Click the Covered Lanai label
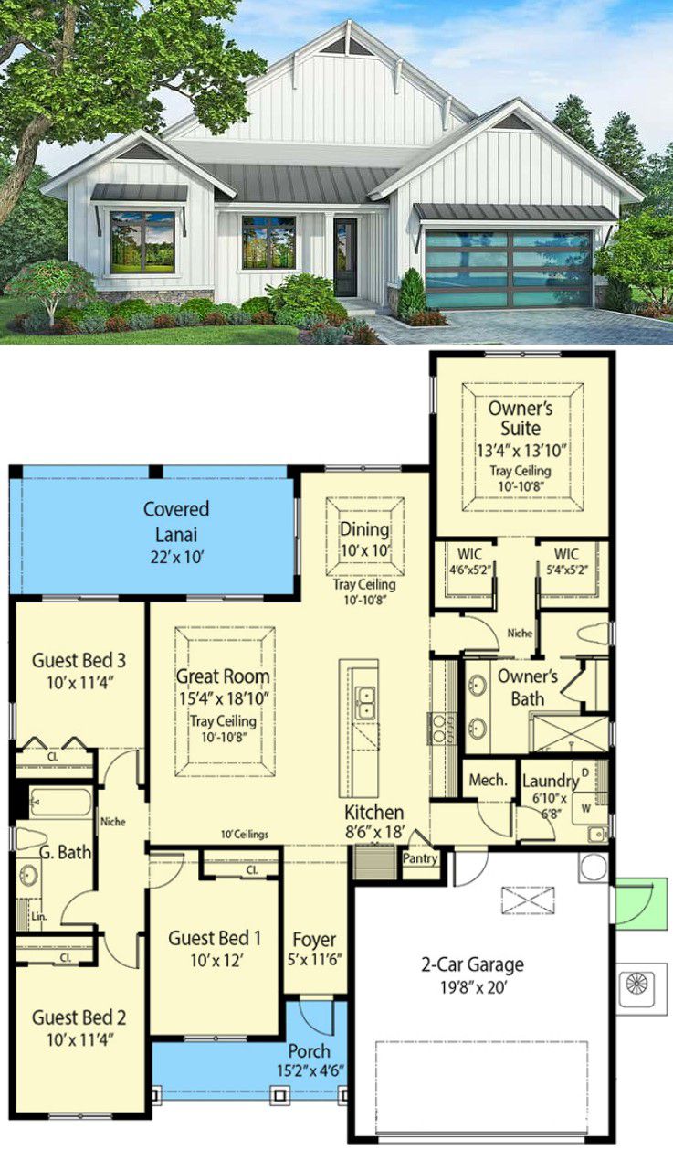point(176,522)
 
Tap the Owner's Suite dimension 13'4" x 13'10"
point(521,451)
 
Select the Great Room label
point(223,676)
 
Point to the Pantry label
point(420,857)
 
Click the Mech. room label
point(489,781)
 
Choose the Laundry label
point(550,782)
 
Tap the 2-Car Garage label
point(472,964)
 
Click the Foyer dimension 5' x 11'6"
point(314,960)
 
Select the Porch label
point(310,1051)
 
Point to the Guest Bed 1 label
point(215,939)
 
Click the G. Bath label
point(65,853)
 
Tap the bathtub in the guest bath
point(60,803)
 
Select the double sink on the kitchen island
point(366,702)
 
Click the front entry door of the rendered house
point(346,258)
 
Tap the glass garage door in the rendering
point(510,270)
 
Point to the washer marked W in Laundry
point(588,808)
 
